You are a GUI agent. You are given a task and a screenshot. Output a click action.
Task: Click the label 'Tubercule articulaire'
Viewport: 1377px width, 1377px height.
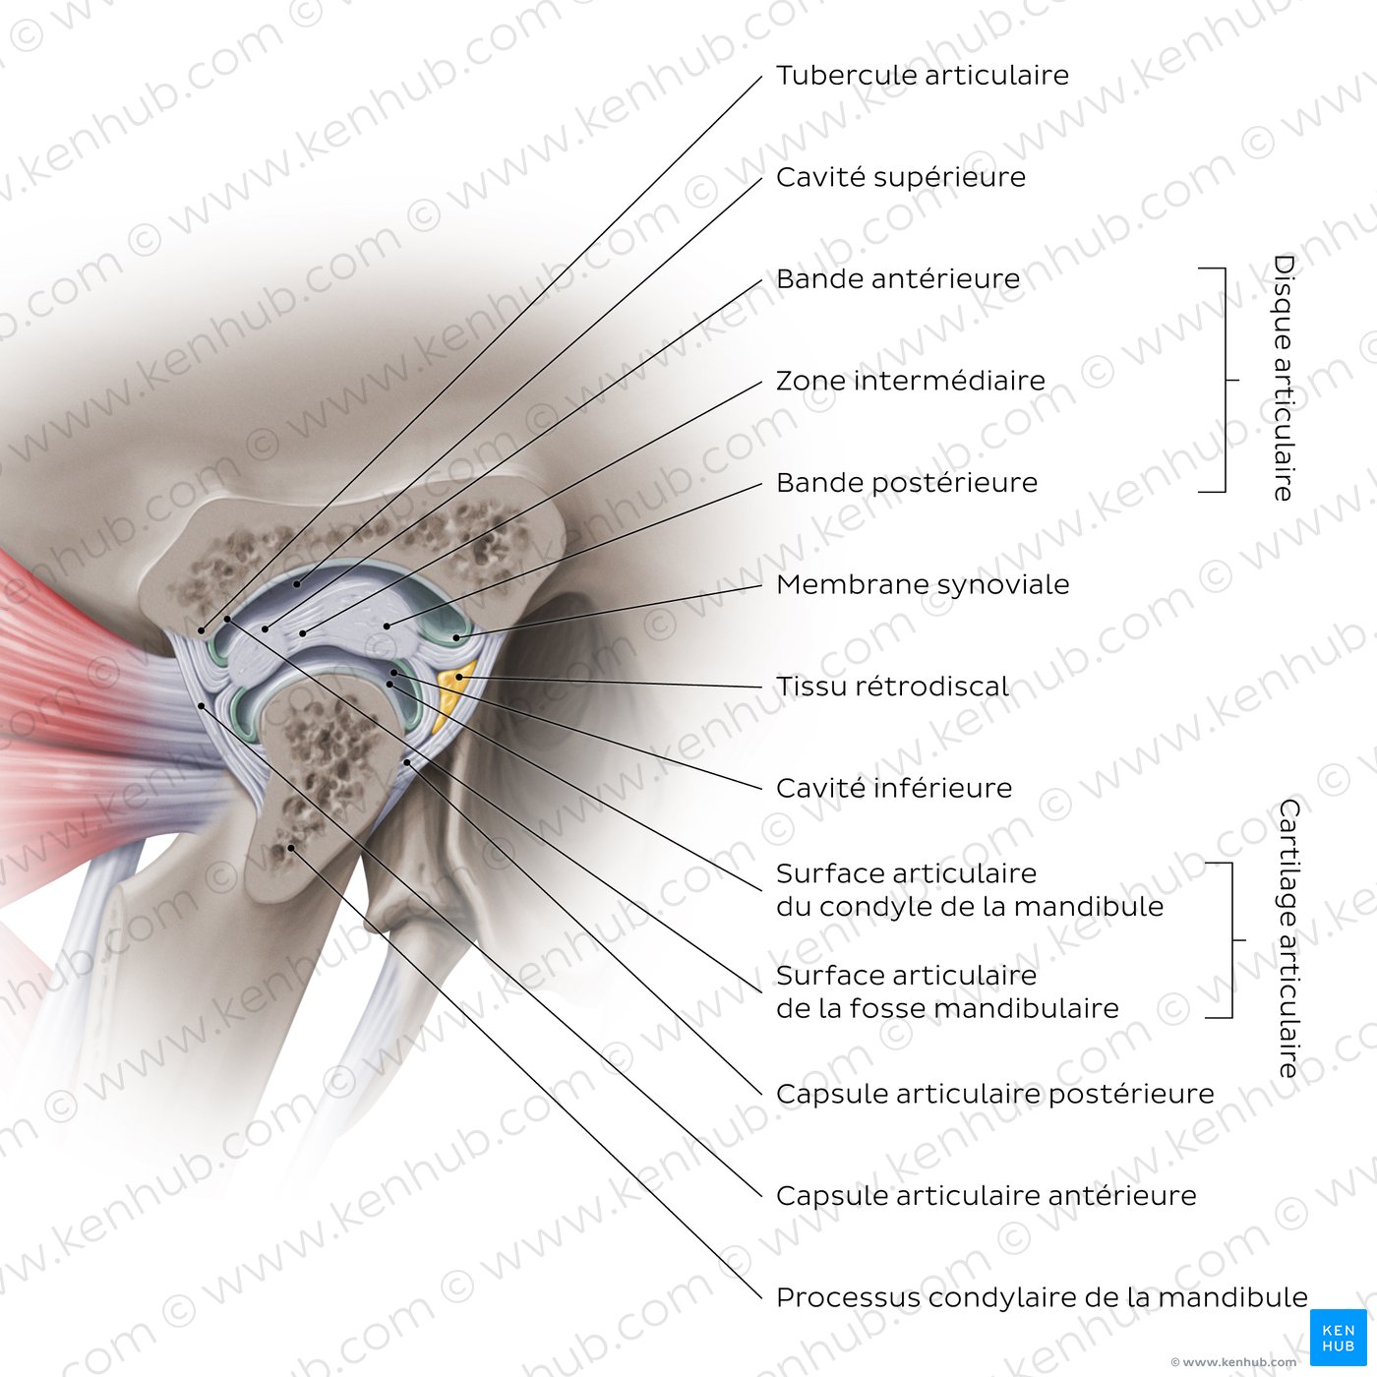(922, 76)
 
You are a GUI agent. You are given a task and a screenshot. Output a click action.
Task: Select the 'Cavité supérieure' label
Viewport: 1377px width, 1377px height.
(900, 178)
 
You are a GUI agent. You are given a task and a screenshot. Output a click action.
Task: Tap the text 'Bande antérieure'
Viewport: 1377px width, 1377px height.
(897, 279)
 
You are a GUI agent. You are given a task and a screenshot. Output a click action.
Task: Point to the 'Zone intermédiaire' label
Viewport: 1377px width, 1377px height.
(910, 381)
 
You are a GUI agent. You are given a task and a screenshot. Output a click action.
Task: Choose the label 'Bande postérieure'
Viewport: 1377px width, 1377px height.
(906, 483)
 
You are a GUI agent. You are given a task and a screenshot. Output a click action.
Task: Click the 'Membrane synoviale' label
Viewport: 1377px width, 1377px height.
(922, 584)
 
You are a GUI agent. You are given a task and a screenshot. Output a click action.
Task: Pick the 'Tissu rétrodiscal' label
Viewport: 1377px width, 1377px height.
(892, 687)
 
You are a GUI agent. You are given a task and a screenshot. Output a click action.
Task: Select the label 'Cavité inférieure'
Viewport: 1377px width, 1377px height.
(893, 788)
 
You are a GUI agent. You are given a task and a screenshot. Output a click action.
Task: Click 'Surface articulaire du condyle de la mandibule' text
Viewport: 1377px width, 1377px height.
(969, 890)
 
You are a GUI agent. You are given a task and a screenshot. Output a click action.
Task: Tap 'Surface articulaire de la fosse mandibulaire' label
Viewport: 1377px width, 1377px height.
(947, 991)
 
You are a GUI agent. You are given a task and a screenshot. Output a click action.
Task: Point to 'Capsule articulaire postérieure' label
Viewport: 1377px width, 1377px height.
(994, 1094)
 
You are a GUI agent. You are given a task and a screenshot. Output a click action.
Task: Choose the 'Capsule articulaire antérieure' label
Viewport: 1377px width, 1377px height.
(986, 1196)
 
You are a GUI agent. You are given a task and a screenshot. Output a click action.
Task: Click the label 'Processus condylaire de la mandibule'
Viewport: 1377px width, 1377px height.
(1042, 1298)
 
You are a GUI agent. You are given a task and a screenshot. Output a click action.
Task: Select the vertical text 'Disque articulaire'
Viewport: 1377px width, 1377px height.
(1284, 378)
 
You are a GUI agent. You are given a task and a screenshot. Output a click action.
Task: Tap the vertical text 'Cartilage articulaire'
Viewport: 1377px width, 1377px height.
(1288, 938)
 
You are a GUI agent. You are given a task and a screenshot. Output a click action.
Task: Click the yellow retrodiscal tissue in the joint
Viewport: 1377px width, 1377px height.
(450, 692)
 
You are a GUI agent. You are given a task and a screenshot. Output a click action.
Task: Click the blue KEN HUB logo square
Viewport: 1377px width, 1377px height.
(1339, 1337)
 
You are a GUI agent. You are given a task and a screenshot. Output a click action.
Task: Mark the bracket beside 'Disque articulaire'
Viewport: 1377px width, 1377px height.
(1223, 380)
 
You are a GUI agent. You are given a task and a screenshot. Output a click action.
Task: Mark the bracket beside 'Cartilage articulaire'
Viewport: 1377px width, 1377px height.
(1229, 940)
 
